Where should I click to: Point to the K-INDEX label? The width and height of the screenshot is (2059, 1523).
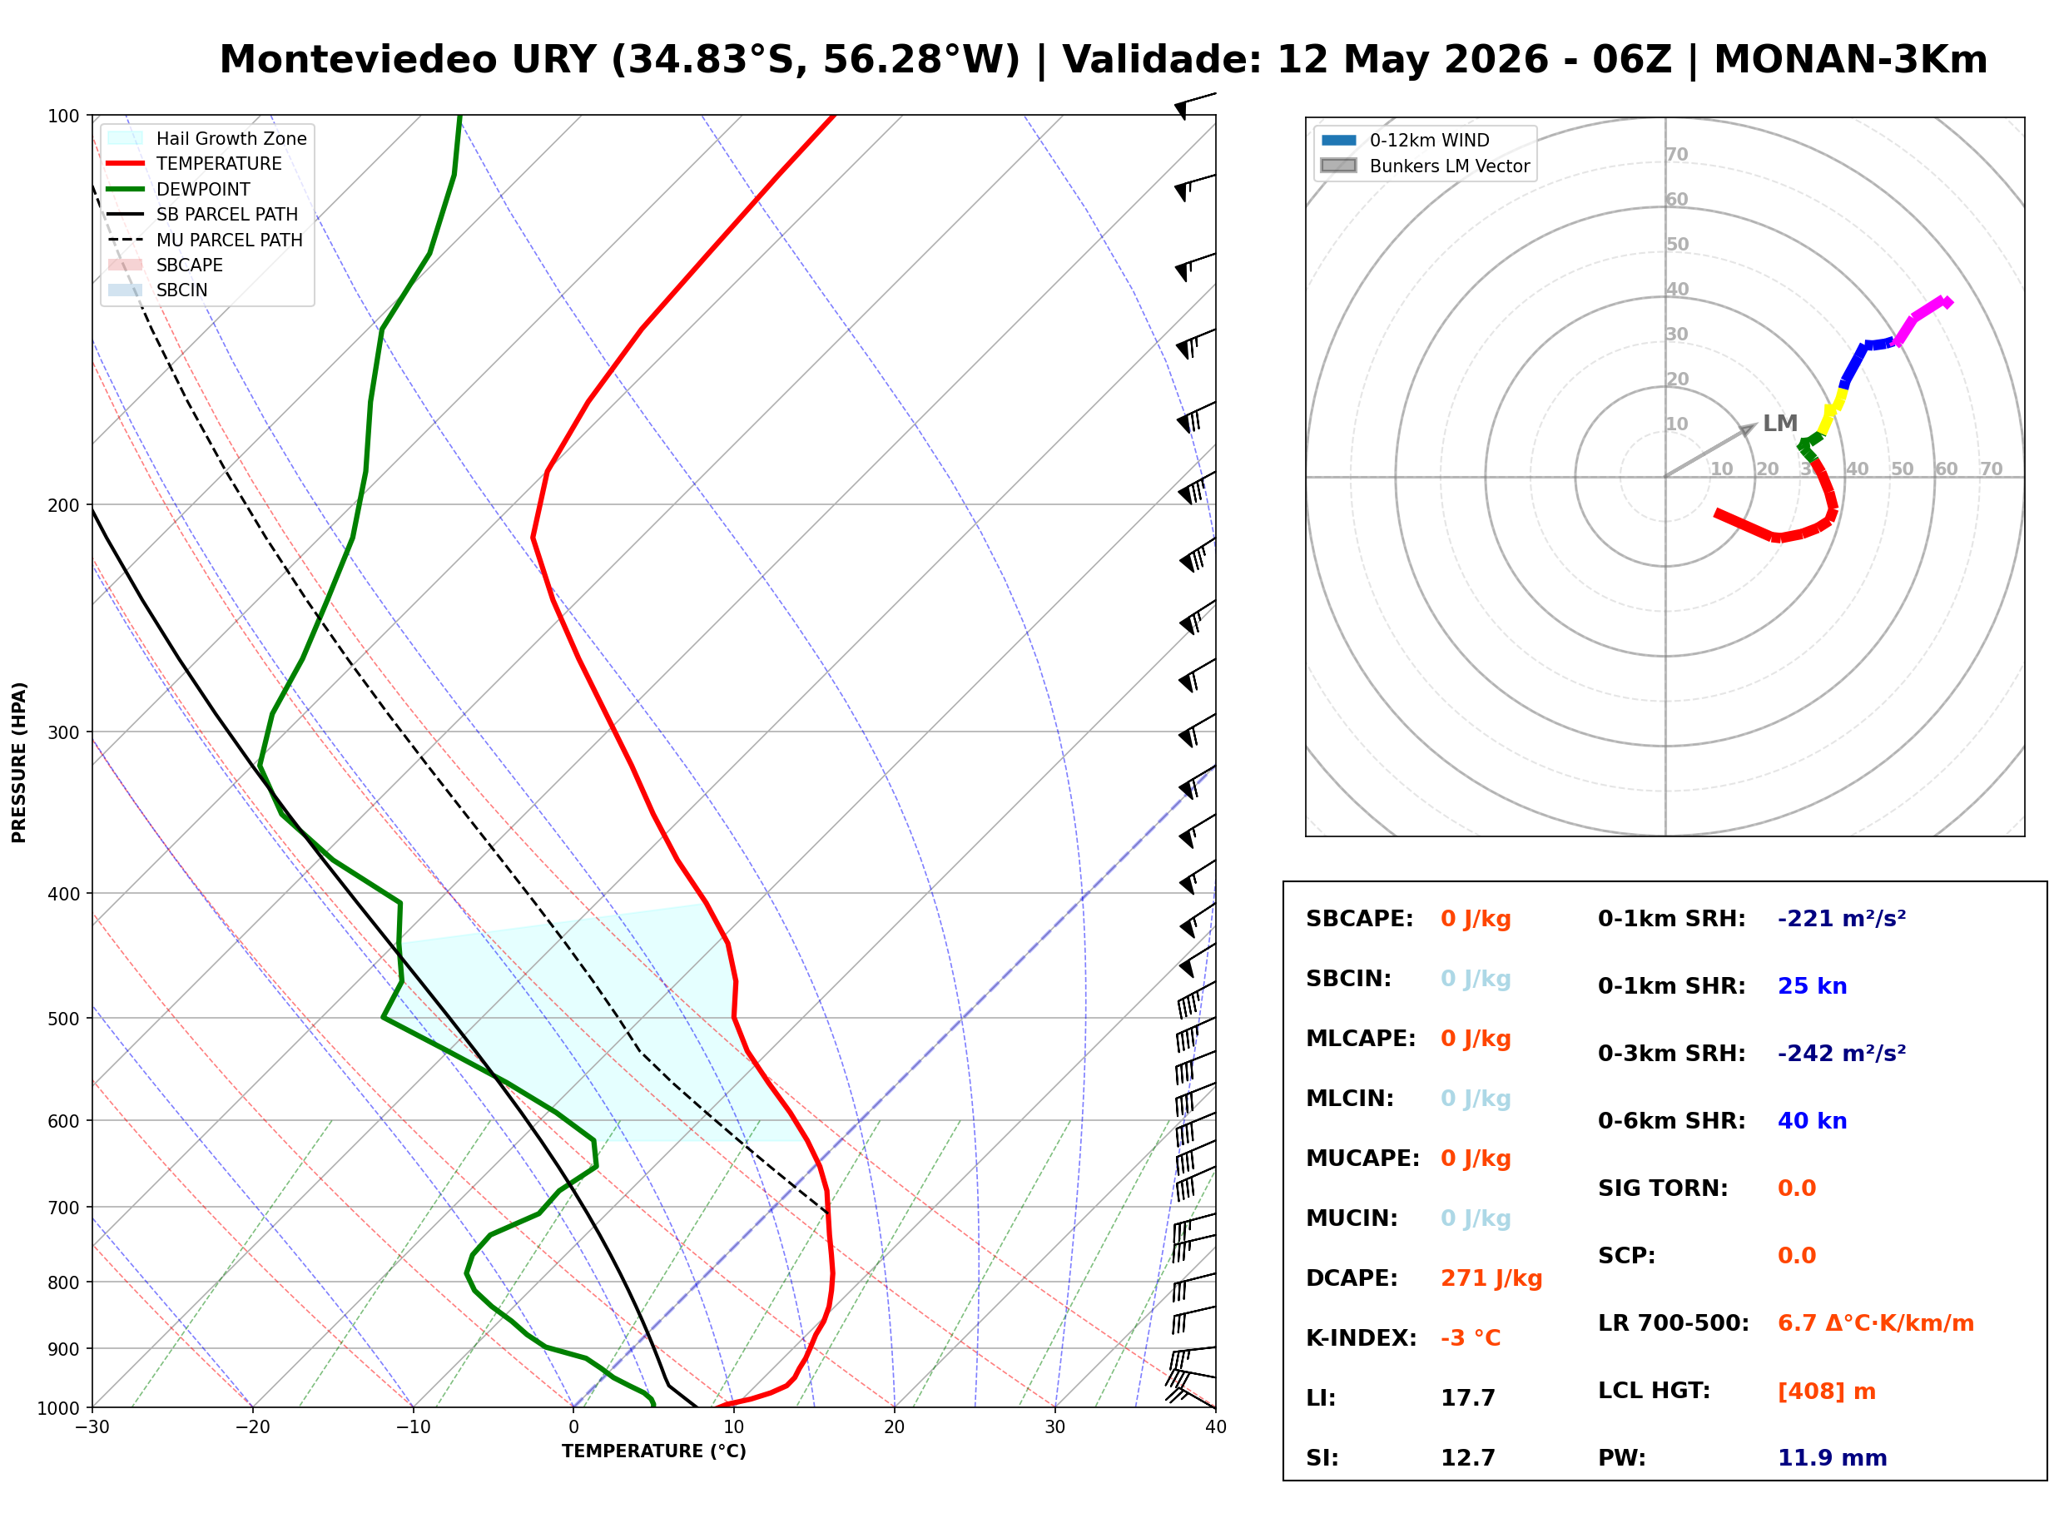click(1361, 1337)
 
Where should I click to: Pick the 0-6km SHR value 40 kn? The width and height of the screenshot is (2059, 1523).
click(1812, 1120)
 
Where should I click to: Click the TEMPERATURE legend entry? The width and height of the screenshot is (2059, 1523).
click(195, 163)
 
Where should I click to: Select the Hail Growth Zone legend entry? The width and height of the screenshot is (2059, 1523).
click(206, 138)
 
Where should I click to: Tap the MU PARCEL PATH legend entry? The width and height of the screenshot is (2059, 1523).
click(205, 240)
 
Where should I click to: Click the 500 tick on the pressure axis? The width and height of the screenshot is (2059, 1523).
click(62, 1019)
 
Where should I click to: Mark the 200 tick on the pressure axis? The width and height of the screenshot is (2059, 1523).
click(62, 505)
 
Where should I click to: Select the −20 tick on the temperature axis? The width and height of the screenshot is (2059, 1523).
click(251, 1427)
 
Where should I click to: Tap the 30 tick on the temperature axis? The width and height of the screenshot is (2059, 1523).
click(1054, 1427)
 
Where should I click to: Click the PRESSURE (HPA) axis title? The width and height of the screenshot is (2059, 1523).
click(18, 762)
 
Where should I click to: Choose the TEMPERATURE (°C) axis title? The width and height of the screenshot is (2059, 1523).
click(653, 1451)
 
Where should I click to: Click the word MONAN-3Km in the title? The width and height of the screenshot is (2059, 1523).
click(1850, 59)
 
